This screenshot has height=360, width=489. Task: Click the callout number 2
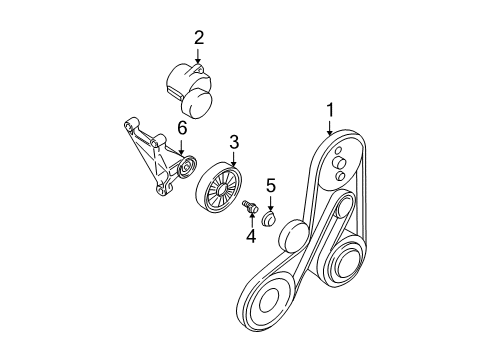point(198,38)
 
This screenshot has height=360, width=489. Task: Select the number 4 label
point(251,238)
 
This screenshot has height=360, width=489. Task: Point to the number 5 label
point(270,184)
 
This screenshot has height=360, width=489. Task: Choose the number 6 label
point(181,128)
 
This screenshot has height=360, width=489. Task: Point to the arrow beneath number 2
point(198,56)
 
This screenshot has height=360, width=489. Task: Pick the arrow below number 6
point(181,146)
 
